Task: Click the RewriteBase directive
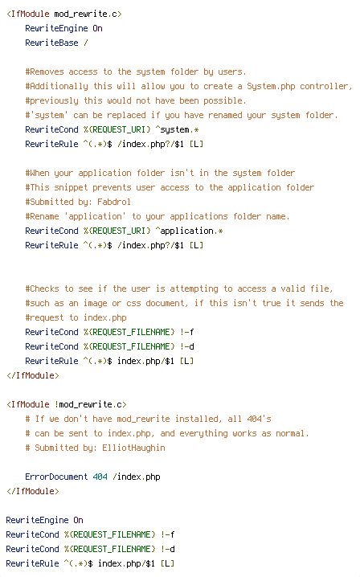pyautogui.click(x=51, y=43)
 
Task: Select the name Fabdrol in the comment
pyautogui.click(x=114, y=202)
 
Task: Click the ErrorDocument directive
pyautogui.click(x=56, y=477)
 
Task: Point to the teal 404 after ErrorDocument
pyautogui.click(x=100, y=477)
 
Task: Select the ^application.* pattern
pyautogui.click(x=189, y=231)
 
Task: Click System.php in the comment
pyautogui.click(x=271, y=86)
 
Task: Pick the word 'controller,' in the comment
pyautogui.click(x=325, y=86)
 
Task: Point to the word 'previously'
pyautogui.click(x=54, y=100)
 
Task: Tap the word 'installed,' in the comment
pyautogui.click(x=198, y=419)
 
